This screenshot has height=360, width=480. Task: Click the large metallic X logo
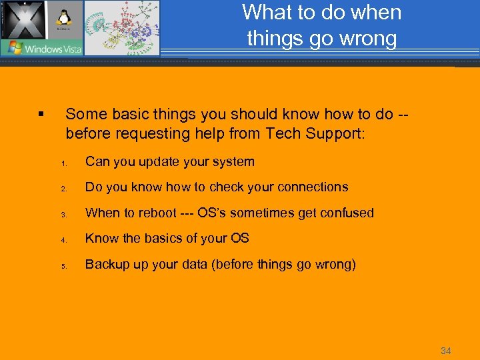(23, 20)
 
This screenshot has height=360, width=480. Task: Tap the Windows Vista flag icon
(12, 48)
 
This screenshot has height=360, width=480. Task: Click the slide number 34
(445, 350)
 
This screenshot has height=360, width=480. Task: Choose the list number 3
(63, 215)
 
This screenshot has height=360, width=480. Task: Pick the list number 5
(63, 266)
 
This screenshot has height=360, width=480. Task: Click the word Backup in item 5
(105, 264)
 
